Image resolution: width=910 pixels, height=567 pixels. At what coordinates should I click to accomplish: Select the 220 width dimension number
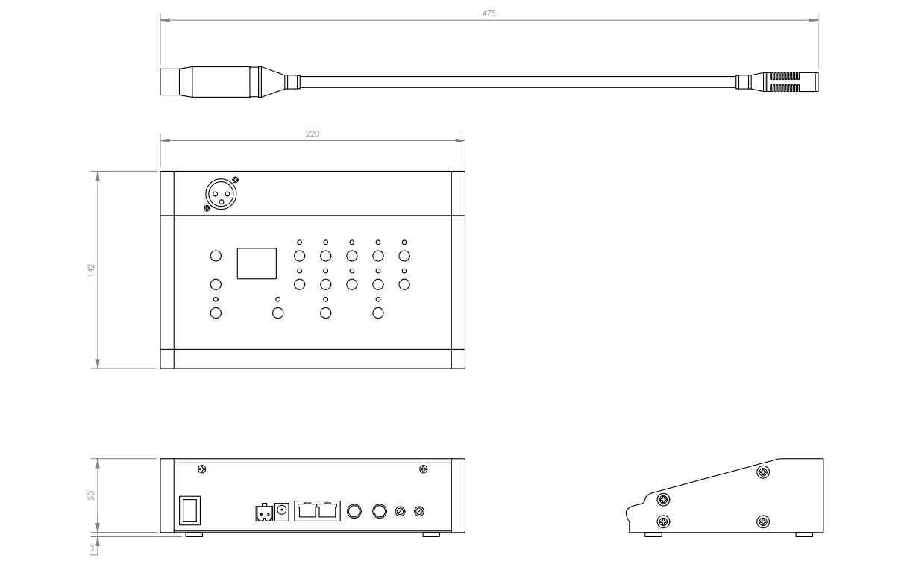(x=313, y=133)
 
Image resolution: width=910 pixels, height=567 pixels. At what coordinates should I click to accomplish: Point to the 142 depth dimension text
(x=90, y=269)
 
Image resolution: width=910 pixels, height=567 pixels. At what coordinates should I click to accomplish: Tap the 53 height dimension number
(x=90, y=495)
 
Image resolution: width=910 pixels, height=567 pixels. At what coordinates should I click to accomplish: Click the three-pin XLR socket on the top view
(x=219, y=195)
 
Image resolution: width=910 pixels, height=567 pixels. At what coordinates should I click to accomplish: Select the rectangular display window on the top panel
(x=257, y=263)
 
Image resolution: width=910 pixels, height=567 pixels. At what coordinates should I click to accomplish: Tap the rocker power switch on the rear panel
(x=189, y=511)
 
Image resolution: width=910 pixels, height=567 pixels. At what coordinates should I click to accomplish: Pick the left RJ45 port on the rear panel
(x=307, y=511)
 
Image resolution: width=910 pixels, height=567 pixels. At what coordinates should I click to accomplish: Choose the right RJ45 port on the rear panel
(x=328, y=511)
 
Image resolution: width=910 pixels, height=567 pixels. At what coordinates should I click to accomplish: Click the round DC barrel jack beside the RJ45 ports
(x=283, y=511)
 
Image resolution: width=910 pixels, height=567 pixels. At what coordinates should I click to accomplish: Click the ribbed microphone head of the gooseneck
(x=783, y=81)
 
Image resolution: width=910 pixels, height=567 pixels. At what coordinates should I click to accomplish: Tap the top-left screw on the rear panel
(x=201, y=469)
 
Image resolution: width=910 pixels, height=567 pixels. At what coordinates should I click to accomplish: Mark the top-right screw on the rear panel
(x=424, y=469)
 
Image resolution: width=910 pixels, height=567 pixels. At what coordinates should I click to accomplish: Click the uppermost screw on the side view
(x=763, y=472)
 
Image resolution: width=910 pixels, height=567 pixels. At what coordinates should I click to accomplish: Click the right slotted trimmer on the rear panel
(x=420, y=511)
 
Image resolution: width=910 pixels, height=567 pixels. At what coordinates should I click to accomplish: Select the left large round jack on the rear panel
(x=355, y=511)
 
